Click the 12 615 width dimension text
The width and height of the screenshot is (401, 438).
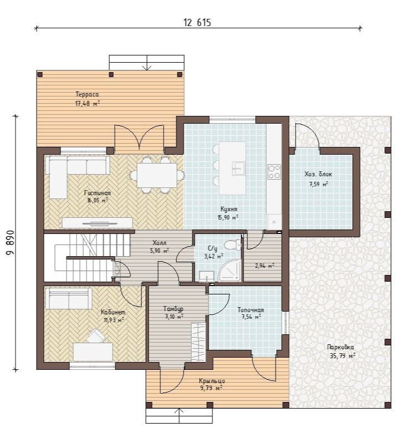click(197, 22)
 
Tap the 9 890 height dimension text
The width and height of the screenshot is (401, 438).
click(11, 243)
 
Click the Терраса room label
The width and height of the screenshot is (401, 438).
click(87, 94)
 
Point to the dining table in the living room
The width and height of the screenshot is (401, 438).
click(157, 175)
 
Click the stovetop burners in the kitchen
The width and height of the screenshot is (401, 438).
click(274, 171)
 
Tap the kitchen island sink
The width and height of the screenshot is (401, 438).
click(238, 168)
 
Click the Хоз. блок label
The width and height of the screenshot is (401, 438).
click(318, 174)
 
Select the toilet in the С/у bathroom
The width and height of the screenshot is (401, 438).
click(232, 245)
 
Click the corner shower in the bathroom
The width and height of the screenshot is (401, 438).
click(230, 271)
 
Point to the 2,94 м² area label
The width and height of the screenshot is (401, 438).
click(264, 266)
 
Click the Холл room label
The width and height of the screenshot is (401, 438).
click(159, 242)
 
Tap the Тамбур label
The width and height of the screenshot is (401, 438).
click(173, 309)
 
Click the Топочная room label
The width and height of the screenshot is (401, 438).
click(251, 310)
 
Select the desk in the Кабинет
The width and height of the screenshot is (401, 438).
click(93, 352)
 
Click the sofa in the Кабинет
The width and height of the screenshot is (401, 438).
click(68, 298)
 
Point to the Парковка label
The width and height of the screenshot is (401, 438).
click(341, 347)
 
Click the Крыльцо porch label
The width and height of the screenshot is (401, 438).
click(212, 381)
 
